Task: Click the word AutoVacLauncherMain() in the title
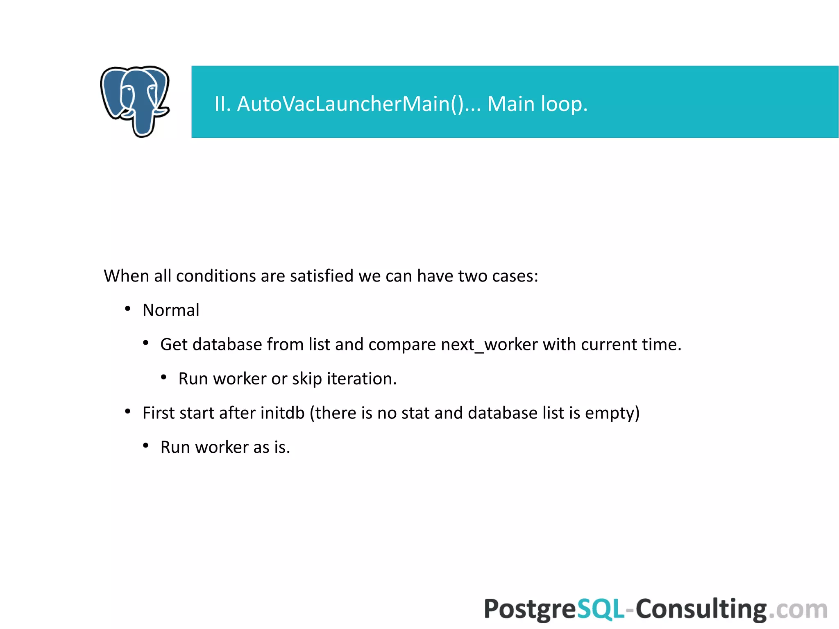coord(350,104)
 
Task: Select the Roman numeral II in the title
coord(222,104)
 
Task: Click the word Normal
coord(171,310)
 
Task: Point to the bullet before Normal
coord(128,309)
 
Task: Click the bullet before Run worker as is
coord(146,445)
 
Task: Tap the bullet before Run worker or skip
coord(164,377)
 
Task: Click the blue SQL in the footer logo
coord(601,609)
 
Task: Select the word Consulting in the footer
coord(701,609)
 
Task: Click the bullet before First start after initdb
coord(128,411)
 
